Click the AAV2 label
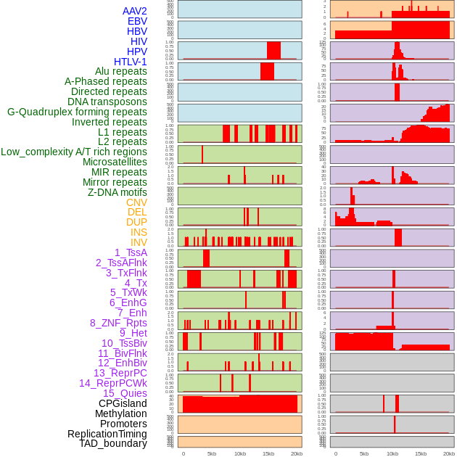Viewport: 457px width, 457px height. click(134, 11)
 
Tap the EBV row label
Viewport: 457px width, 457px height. click(136, 21)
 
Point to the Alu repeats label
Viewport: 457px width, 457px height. click(120, 71)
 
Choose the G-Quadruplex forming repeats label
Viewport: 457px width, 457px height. click(77, 112)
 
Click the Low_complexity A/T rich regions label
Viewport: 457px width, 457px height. click(74, 152)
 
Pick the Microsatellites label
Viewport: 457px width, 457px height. click(115, 162)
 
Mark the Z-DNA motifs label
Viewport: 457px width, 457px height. click(118, 192)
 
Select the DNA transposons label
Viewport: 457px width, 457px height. click(107, 102)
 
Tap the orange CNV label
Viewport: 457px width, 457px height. click(136, 202)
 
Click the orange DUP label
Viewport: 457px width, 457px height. click(136, 222)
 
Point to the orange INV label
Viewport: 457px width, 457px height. click(139, 242)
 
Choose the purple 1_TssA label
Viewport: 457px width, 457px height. click(131, 252)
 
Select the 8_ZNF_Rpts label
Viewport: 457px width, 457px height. click(118, 323)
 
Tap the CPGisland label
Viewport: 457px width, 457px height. click(123, 403)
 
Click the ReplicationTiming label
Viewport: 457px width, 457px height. click(107, 434)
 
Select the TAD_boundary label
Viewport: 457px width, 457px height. click(113, 443)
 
